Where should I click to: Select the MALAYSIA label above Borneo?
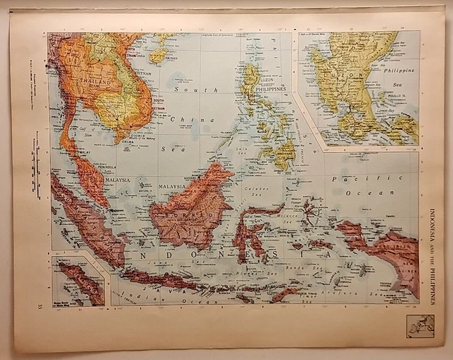click(172, 186)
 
